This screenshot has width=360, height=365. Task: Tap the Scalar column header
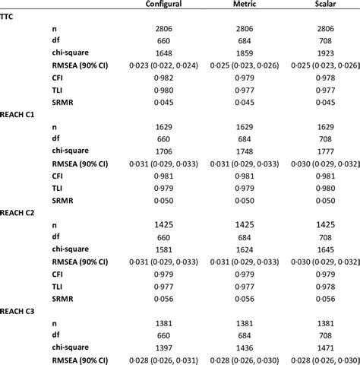[x=323, y=6]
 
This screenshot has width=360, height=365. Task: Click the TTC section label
[x=9, y=16]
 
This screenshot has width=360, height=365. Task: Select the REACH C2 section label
[x=20, y=214]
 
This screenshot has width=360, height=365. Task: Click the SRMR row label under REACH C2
[x=62, y=298]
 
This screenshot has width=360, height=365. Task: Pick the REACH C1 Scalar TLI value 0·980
[x=323, y=187]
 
